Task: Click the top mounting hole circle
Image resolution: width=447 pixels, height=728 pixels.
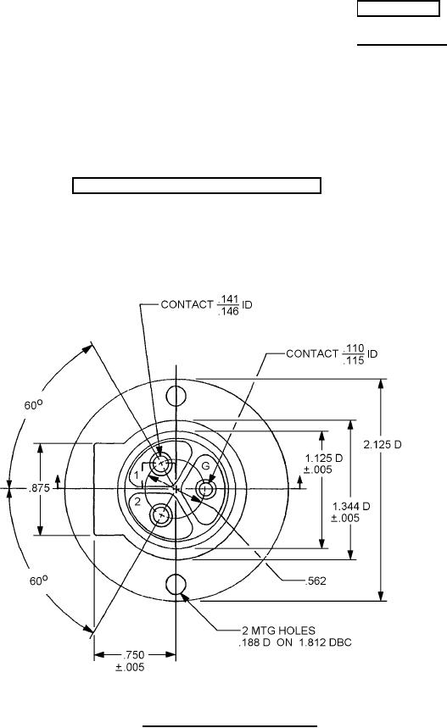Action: point(176,396)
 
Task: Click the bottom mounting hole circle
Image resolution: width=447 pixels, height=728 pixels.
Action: point(176,584)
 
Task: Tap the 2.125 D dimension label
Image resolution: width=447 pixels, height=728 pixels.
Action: point(383,444)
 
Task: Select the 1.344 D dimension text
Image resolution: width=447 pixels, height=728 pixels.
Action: point(351,506)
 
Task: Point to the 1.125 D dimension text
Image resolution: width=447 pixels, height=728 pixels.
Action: point(324,458)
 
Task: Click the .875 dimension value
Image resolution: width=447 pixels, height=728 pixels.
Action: point(40,488)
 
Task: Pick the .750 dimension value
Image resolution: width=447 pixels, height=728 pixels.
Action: point(133,655)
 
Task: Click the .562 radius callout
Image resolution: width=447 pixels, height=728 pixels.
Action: point(316,581)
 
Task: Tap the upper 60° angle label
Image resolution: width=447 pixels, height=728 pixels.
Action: point(33,405)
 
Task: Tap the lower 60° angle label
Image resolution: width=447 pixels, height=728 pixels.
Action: point(39,581)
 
